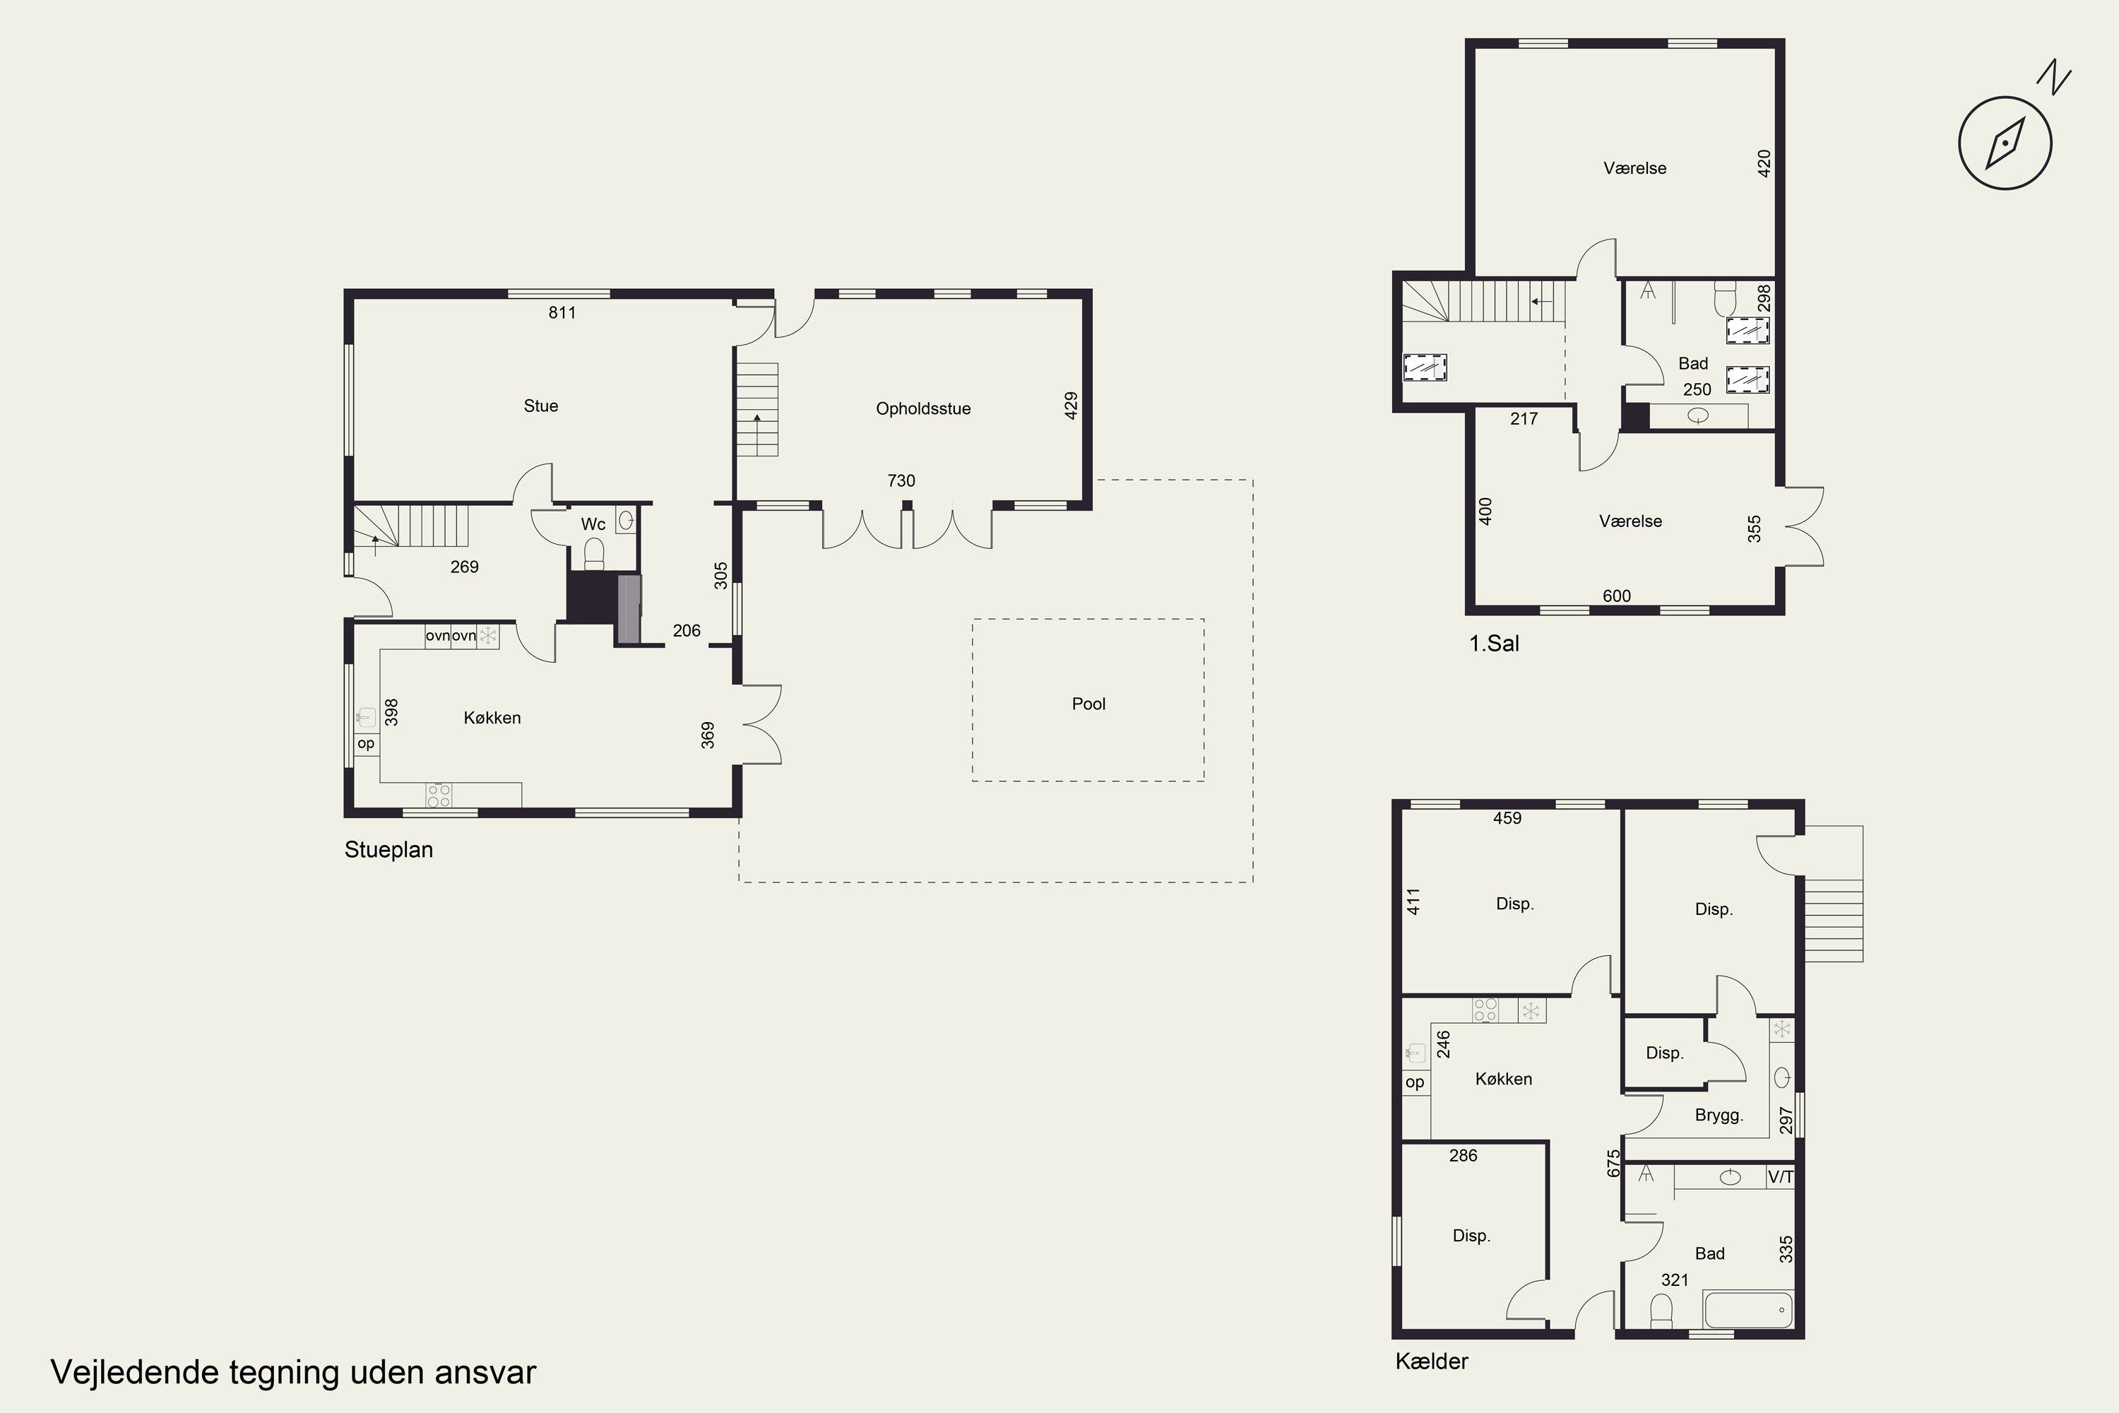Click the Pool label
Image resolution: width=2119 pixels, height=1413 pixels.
[1088, 704]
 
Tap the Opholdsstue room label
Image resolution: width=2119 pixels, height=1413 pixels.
[922, 409]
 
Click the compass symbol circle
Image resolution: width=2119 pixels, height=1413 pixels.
[2005, 143]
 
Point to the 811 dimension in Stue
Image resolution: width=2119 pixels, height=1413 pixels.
[562, 313]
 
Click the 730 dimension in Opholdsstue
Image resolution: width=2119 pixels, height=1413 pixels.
[901, 481]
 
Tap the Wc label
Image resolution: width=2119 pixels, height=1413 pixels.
[593, 524]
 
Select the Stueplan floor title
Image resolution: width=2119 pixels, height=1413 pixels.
[388, 850]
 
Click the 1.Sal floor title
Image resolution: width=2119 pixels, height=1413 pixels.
[1494, 644]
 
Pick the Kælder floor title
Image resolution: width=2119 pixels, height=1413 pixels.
[1432, 1361]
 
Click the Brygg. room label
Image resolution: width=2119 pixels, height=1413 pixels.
[1719, 1116]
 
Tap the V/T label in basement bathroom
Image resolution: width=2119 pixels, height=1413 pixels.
[1780, 1177]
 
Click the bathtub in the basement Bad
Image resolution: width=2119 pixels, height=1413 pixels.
[1747, 1309]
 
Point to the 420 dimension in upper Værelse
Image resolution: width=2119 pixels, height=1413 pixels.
[1764, 163]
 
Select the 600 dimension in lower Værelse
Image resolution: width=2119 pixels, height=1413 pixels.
[1618, 596]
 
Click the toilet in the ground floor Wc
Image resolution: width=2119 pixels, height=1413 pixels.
[594, 554]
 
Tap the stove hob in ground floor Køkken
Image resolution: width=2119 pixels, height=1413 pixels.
[439, 795]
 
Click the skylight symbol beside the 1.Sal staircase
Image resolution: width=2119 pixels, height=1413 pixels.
[1425, 367]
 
